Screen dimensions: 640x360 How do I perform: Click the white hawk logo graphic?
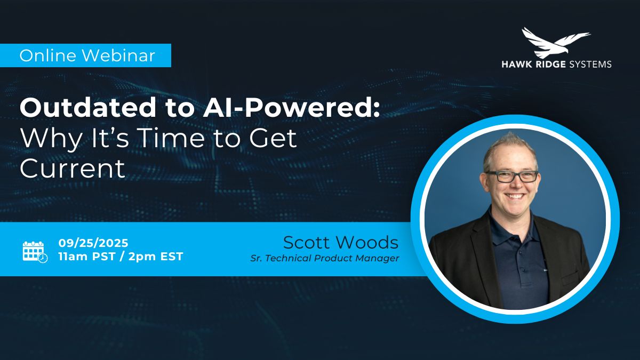tap(556, 43)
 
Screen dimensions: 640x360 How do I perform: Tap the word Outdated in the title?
tap(88, 107)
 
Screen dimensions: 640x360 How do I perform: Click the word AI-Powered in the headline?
tap(291, 107)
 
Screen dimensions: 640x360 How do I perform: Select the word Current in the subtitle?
tap(73, 169)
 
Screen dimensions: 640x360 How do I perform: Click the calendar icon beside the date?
tap(35, 252)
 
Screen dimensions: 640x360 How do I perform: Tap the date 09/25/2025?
tap(93, 243)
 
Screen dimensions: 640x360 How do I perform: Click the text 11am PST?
tap(86, 257)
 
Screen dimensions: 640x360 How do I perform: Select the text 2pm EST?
tap(156, 257)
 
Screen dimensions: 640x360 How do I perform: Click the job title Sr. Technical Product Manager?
tap(325, 258)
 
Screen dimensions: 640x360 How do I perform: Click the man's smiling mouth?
tap(514, 196)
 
